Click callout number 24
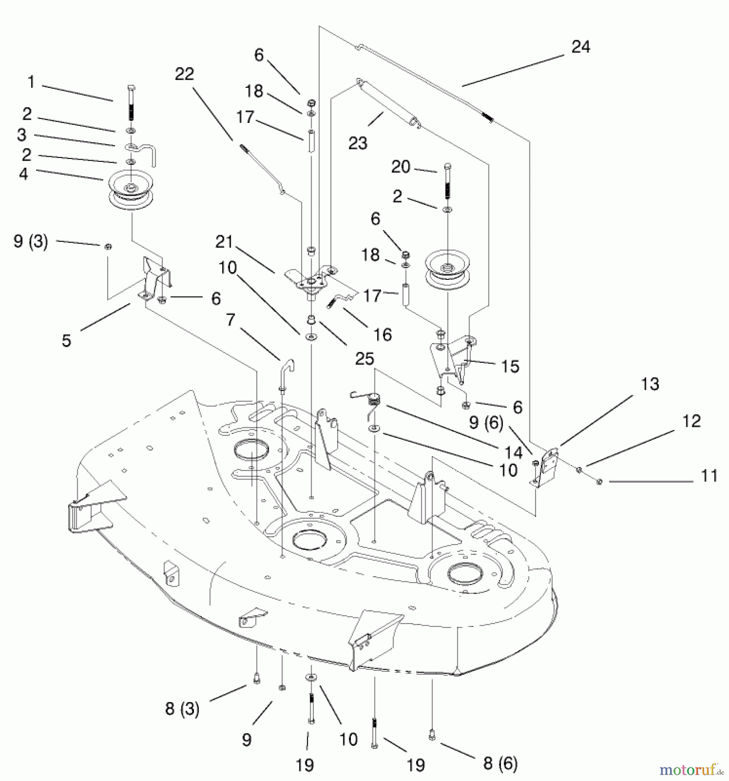[581, 47]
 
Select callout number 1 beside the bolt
[31, 82]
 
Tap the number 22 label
[184, 74]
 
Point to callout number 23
[358, 143]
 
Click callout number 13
[650, 384]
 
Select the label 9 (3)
[31, 241]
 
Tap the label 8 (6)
[500, 764]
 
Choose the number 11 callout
[709, 476]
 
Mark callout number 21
[224, 242]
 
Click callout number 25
[364, 358]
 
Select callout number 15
[510, 366]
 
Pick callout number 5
[66, 340]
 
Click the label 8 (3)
[182, 709]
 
